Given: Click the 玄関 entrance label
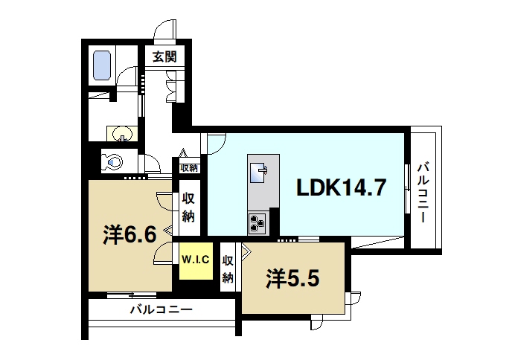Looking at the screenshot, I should pyautogui.click(x=164, y=57).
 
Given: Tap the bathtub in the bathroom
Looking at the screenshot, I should pyautogui.click(x=100, y=65).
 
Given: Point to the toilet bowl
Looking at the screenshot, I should pyautogui.click(x=113, y=160).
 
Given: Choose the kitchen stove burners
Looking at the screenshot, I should pyautogui.click(x=258, y=221).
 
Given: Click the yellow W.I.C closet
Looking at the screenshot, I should pyautogui.click(x=196, y=260).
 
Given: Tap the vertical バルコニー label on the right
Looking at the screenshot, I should pyautogui.click(x=422, y=192).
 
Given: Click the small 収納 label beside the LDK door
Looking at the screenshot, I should pyautogui.click(x=189, y=168).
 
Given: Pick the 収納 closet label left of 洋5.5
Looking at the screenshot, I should pyautogui.click(x=228, y=269).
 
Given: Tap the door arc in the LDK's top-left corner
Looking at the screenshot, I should pyautogui.click(x=216, y=141).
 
